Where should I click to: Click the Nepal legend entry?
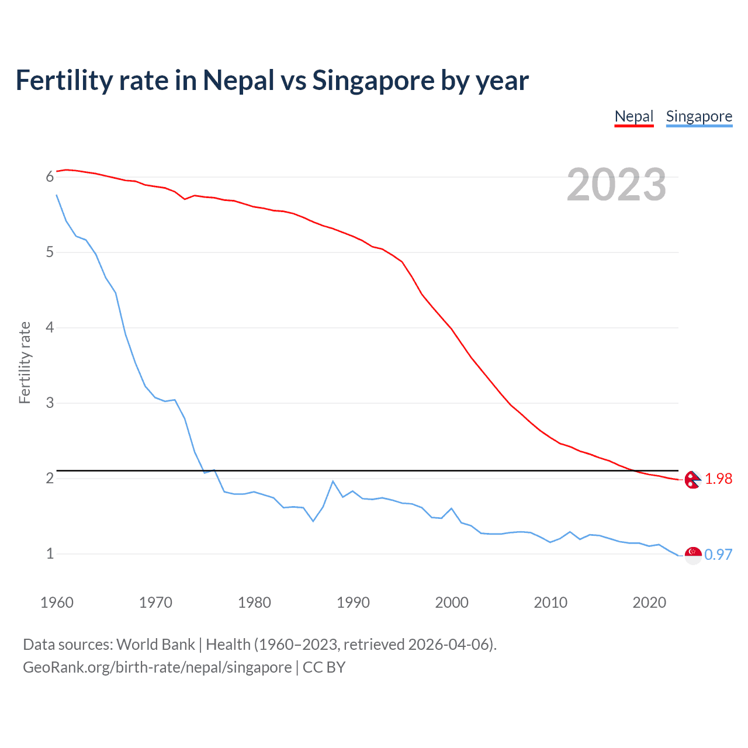coord(633,116)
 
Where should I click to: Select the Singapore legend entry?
coord(699,116)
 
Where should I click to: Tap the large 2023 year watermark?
coord(617,185)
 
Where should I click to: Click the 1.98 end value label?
coord(718,479)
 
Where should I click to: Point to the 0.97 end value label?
coord(718,555)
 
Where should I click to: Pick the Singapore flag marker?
coord(693,555)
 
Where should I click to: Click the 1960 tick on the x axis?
coord(57,602)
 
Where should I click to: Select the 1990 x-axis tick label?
coord(353,602)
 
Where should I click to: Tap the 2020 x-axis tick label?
coord(649,602)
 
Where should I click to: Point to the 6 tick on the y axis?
coord(50,176)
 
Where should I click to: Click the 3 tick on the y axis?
coord(50,403)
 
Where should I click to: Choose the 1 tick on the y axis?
coord(50,553)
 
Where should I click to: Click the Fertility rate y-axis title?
coord(25,362)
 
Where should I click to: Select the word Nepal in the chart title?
coord(238,80)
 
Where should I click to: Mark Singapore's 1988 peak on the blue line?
coord(333,481)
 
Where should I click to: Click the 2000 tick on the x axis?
coord(452,602)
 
